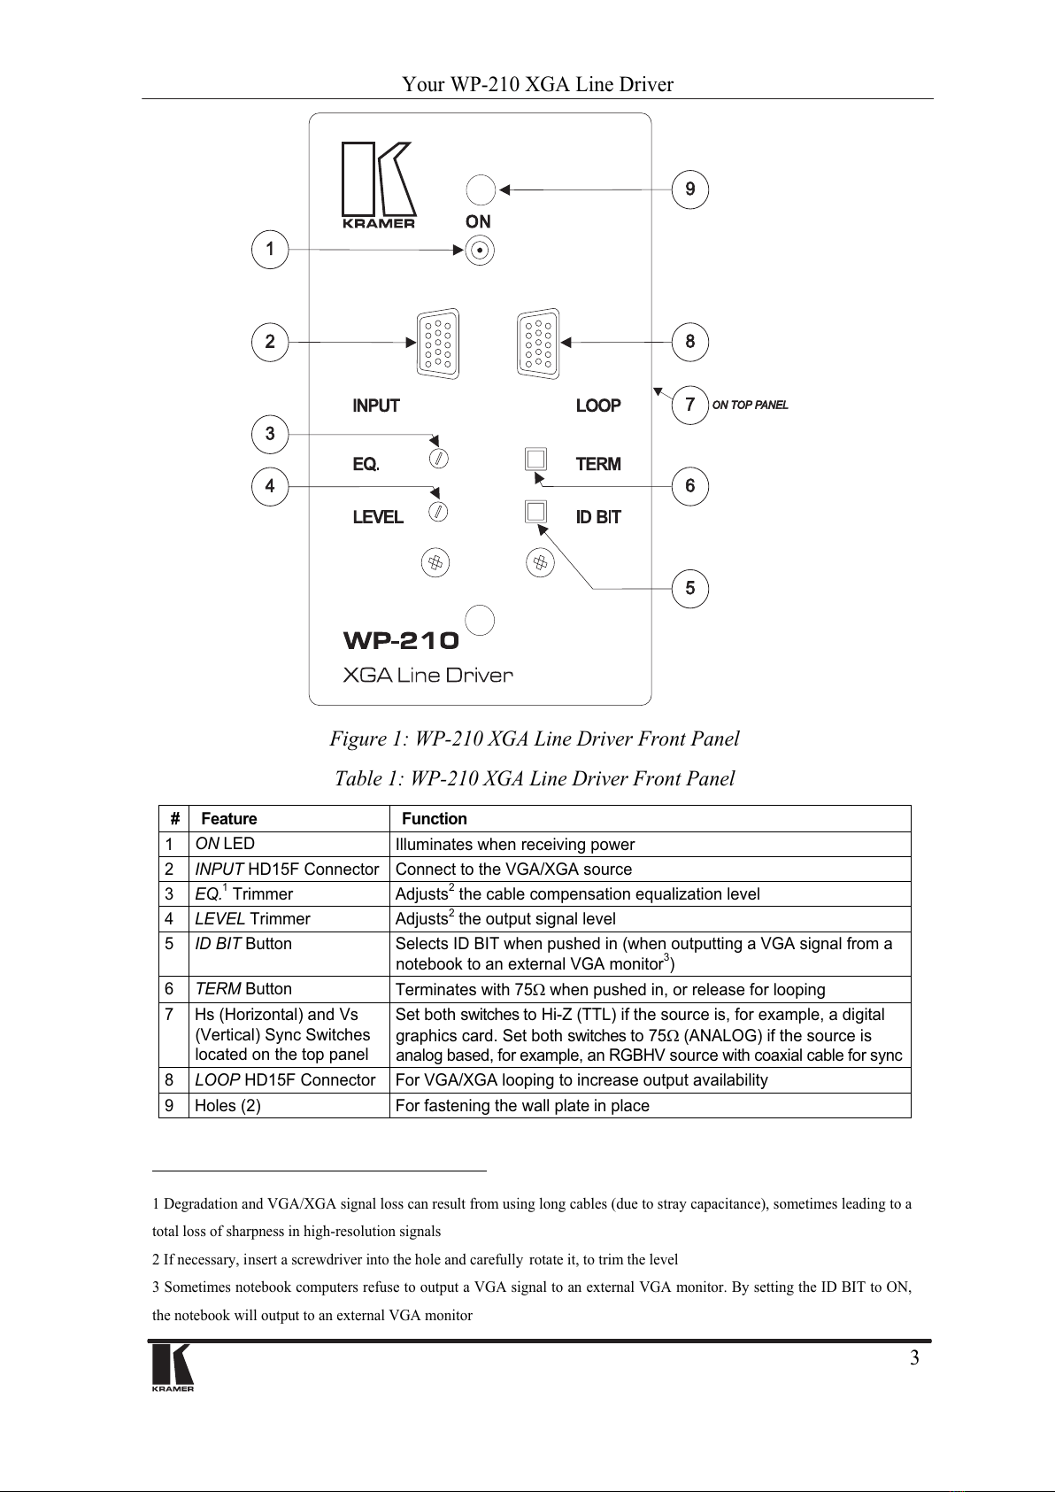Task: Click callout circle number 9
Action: [x=690, y=189]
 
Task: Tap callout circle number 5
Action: [x=690, y=589]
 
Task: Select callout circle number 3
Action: [x=270, y=434]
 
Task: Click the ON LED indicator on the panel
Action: [x=479, y=250]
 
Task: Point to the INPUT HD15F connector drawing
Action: [x=438, y=344]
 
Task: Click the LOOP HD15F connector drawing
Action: [x=538, y=344]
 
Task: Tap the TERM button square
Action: [x=535, y=459]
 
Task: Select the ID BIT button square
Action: [x=535, y=512]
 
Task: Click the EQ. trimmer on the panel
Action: [x=437, y=459]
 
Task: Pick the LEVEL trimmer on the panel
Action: [x=437, y=511]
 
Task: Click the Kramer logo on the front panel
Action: [x=378, y=185]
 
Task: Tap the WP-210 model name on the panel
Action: [x=401, y=640]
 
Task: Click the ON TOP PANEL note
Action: [x=750, y=406]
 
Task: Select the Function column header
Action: [x=434, y=819]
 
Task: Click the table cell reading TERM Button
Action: [x=243, y=989]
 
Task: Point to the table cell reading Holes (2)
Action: [x=227, y=1106]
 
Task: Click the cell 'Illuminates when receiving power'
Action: [x=515, y=845]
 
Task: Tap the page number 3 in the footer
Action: [x=914, y=1358]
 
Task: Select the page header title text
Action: [x=537, y=85]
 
